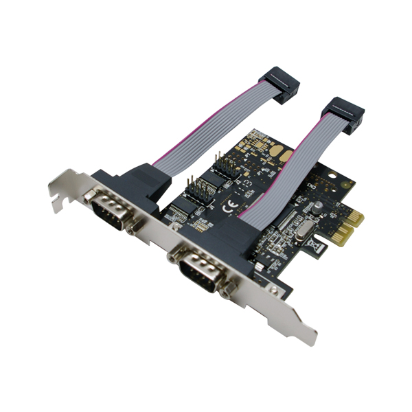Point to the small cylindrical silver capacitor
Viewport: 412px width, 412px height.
tap(317, 205)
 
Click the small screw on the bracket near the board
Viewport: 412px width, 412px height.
tap(274, 292)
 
